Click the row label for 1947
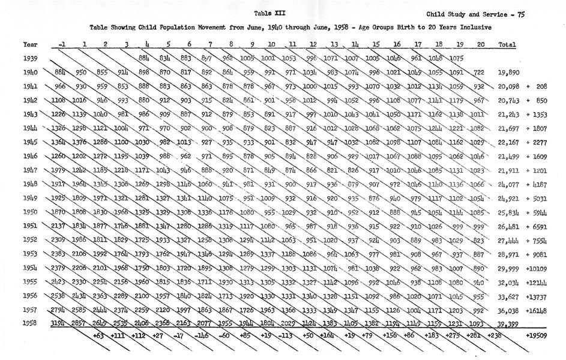tap(30, 170)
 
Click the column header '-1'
tap(62, 44)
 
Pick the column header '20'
tap(480, 44)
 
